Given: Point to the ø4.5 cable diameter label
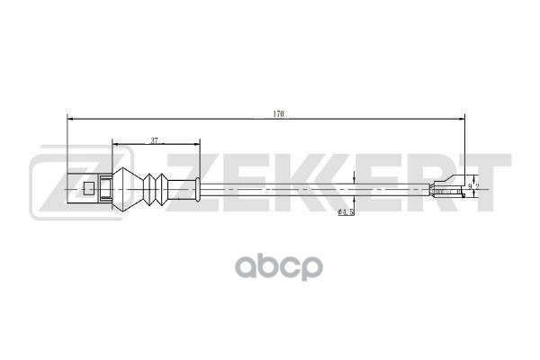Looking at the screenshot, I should coord(346,212).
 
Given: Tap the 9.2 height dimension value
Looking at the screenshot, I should coord(473,187).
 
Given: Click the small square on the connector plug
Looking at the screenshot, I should coord(88,189).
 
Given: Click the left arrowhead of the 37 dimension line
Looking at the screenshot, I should coord(113,143).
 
